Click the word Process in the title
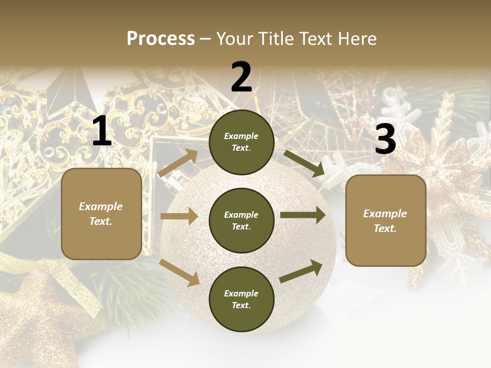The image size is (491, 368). [x=161, y=39]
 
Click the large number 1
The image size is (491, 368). [x=102, y=131]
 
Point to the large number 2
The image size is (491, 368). [x=241, y=77]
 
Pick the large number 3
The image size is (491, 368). [x=385, y=140]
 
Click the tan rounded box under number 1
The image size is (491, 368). [x=101, y=214]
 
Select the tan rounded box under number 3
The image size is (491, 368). [x=386, y=220]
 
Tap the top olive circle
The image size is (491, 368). [x=241, y=142]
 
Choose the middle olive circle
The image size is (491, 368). [x=241, y=220]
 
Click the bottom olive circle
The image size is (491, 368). [x=241, y=299]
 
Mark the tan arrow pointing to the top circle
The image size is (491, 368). [x=178, y=164]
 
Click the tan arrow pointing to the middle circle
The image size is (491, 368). [x=178, y=217]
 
